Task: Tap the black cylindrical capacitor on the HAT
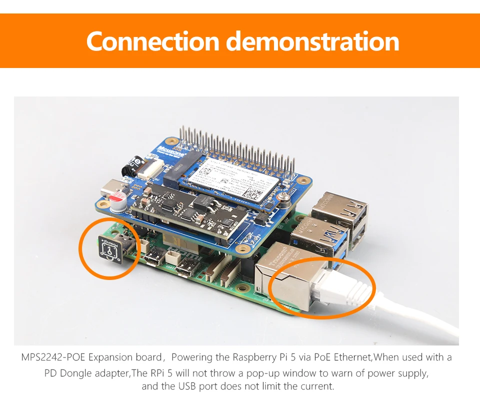pyautogui.click(x=134, y=164)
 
